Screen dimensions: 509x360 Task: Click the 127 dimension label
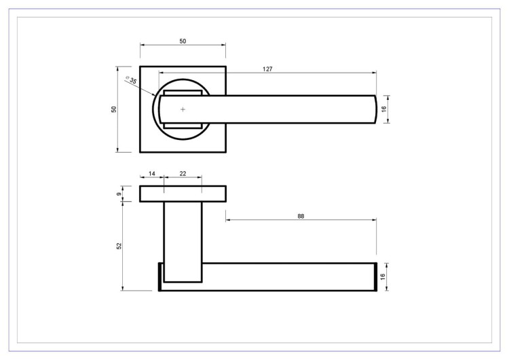coord(267,69)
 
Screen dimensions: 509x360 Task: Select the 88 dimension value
coord(301,216)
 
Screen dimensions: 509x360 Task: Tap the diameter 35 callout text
coord(132,79)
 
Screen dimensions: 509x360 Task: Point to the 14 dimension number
coord(152,174)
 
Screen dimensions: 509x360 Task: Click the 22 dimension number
coord(183,174)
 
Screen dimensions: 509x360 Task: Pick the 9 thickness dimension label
coord(119,194)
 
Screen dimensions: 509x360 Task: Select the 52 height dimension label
coord(119,246)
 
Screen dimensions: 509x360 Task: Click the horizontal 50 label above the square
coord(183,41)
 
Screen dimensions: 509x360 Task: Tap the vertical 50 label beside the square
coord(113,109)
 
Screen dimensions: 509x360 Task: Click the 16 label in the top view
coord(384,109)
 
